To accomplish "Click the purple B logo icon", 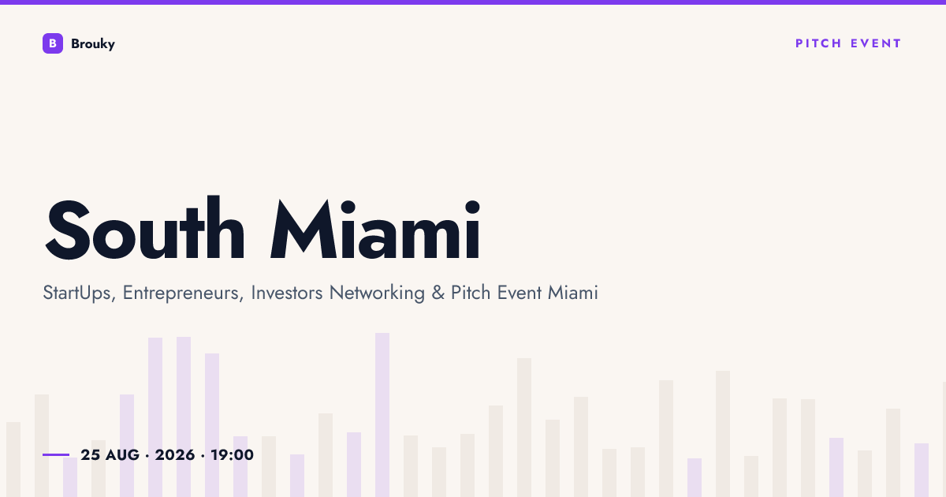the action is coord(53,43).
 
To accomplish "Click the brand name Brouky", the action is coord(93,44).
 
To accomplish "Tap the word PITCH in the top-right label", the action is coord(818,43).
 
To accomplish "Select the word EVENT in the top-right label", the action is coord(876,43).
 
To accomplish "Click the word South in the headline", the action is coord(145,228).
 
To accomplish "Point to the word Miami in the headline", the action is coord(375,228).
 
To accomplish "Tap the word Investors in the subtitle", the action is coord(287,293).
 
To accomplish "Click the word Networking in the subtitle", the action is coord(377,293).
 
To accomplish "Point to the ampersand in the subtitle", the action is coord(438,293).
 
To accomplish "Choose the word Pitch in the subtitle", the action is coord(471,293).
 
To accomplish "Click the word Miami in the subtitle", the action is coord(572,293).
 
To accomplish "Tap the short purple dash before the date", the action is coord(56,454).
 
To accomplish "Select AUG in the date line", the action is coord(122,455).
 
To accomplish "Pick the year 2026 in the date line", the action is coord(175,455).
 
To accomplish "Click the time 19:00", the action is coord(233,455).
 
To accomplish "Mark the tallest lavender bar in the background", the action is coord(382,415).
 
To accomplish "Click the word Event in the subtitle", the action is coord(519,293).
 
